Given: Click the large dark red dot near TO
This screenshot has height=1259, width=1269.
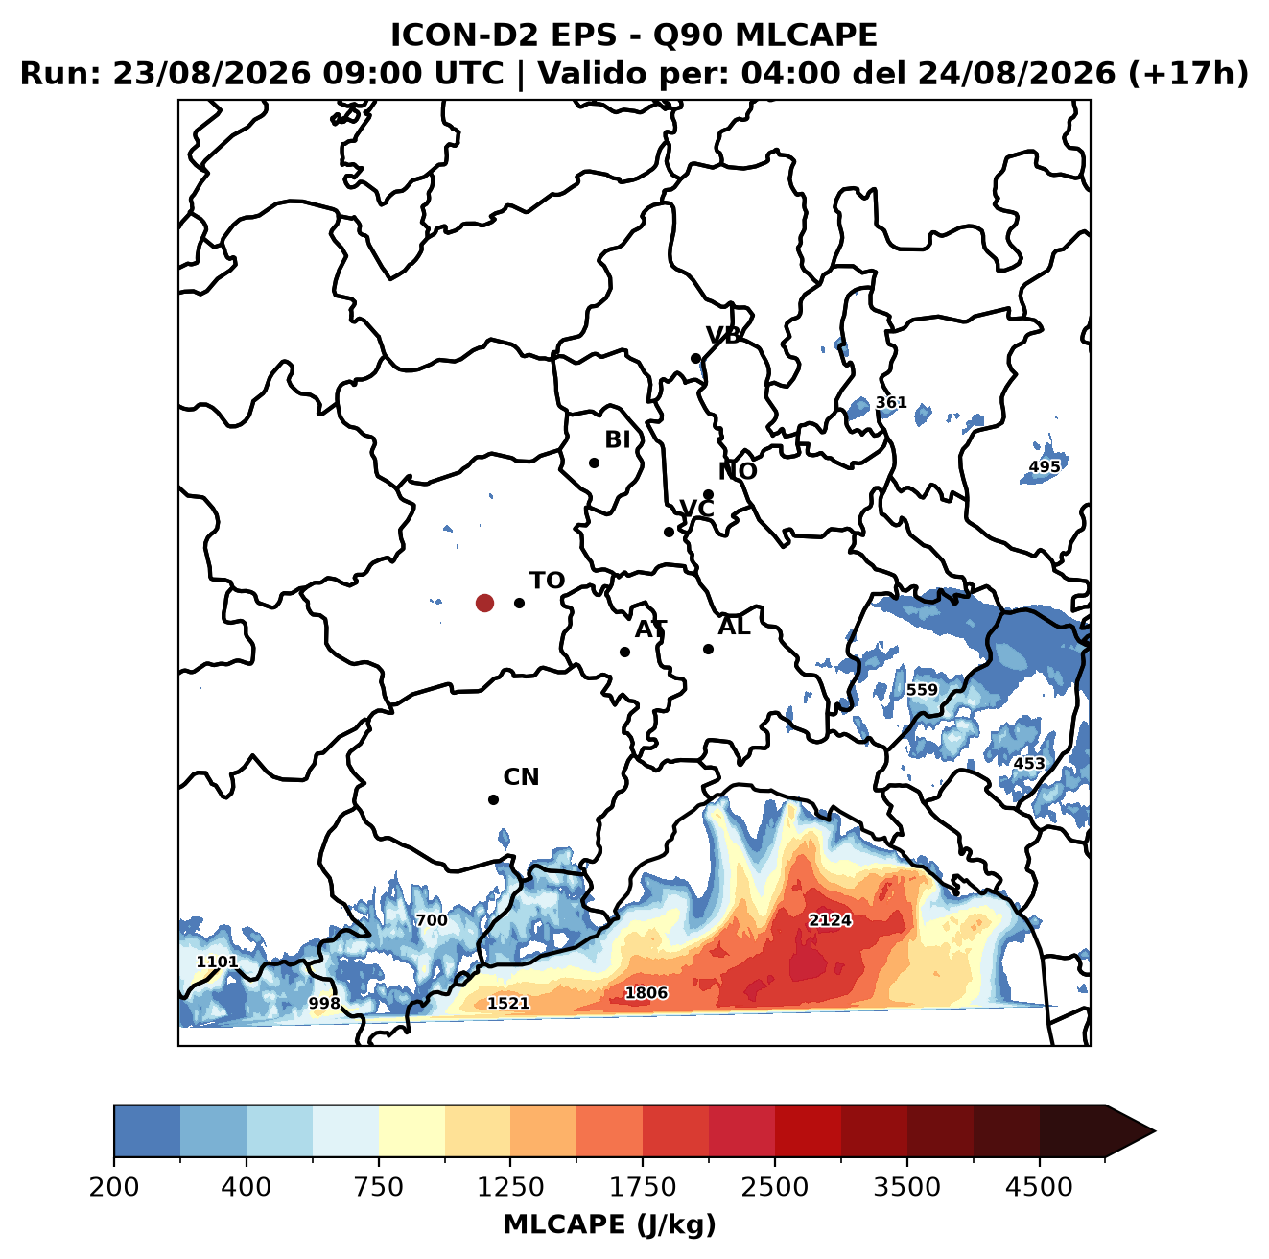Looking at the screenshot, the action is click(x=484, y=603).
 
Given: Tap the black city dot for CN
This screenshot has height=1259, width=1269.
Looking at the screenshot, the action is click(x=493, y=799).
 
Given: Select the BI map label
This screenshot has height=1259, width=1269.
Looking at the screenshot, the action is click(x=617, y=439).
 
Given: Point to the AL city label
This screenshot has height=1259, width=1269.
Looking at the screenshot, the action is click(x=734, y=626).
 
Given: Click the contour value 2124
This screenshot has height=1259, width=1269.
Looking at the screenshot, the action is click(x=830, y=919).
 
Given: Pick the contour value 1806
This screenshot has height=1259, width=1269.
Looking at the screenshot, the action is click(x=646, y=992).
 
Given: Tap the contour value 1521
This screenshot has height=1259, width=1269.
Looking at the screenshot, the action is click(x=507, y=1003).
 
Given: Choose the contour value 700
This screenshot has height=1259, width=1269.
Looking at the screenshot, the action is click(x=432, y=919).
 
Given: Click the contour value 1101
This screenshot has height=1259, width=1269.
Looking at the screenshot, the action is click(x=217, y=962).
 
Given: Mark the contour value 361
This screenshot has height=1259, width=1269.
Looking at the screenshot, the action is click(x=890, y=402).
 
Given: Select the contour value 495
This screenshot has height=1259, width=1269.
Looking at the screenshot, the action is click(x=1045, y=466).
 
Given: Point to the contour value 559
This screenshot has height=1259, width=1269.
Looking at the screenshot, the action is click(x=921, y=689).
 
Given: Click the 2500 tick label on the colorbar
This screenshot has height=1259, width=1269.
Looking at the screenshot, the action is click(x=774, y=1187).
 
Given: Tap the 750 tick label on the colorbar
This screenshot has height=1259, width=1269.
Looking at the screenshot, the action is click(x=378, y=1187).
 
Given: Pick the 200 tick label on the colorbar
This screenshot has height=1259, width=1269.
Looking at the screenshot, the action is click(x=114, y=1187).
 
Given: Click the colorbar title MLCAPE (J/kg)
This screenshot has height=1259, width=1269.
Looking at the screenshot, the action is click(x=609, y=1224).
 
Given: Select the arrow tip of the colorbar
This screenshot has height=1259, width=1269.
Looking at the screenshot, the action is click(x=1155, y=1131).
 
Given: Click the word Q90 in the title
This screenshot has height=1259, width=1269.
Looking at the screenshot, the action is click(x=688, y=35).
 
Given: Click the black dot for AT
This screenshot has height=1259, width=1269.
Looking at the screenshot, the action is click(x=624, y=652).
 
